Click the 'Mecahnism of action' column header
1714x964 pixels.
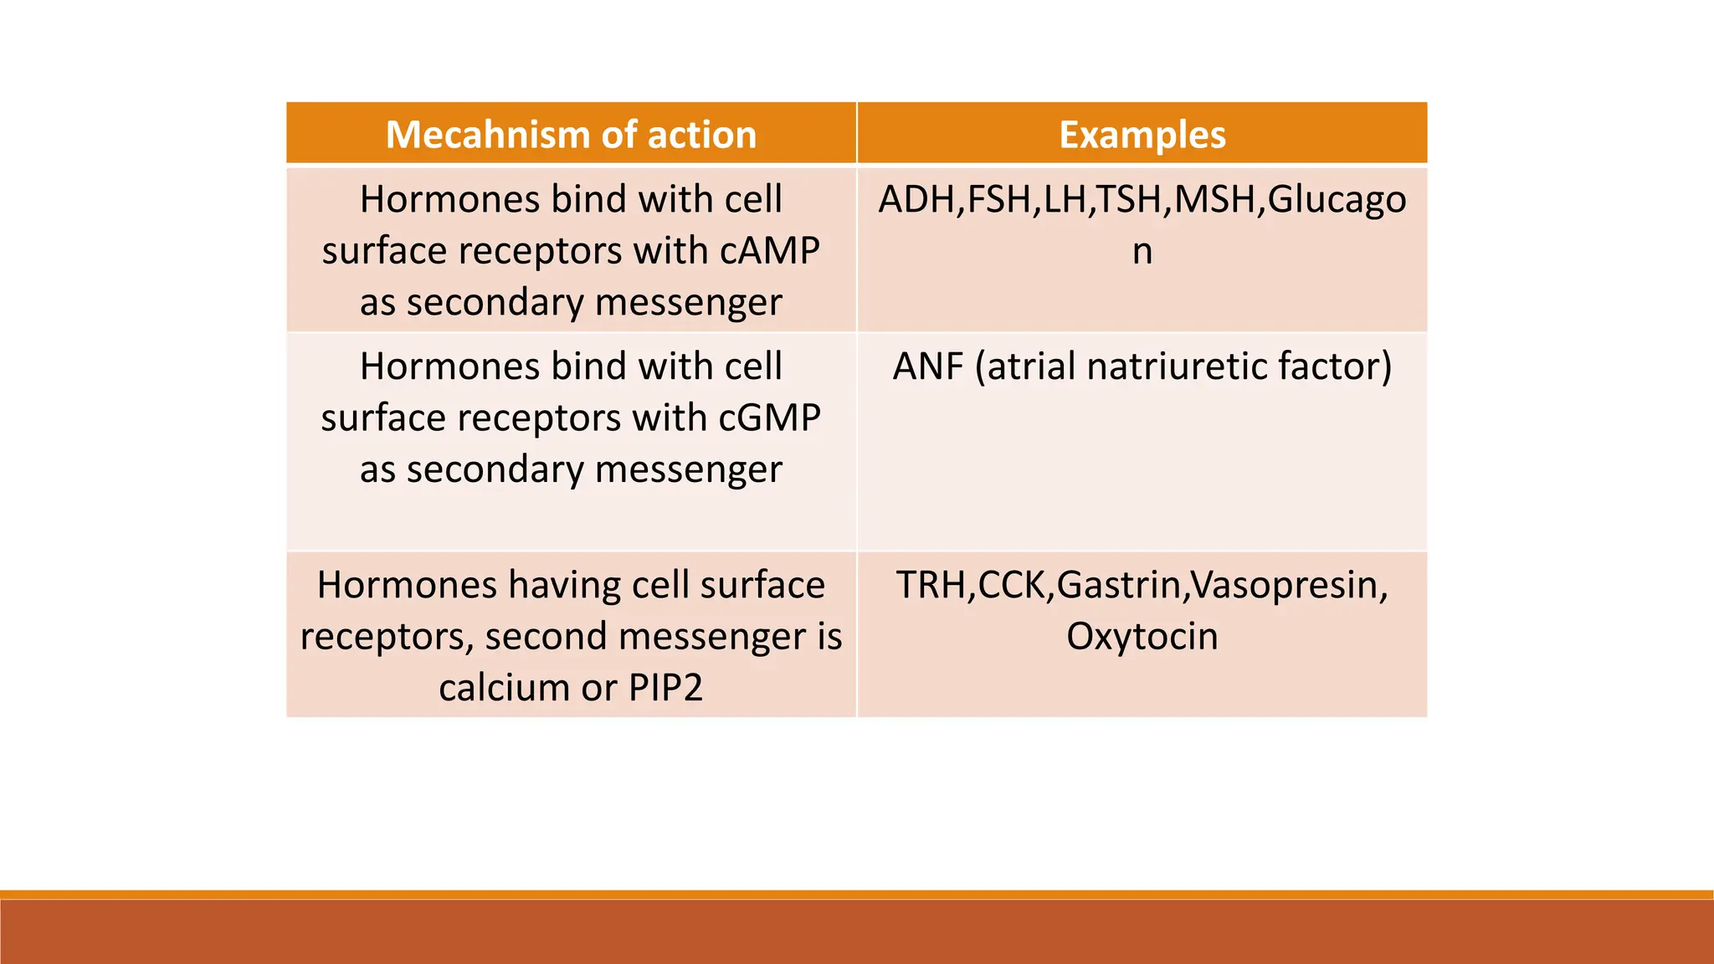tap(571, 134)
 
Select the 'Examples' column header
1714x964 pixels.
tap(1142, 134)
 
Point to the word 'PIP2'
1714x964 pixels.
tap(665, 688)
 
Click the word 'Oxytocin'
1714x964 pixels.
tap(1142, 636)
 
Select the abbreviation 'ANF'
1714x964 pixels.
tap(928, 367)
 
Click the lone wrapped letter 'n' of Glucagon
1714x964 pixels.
tap(1142, 251)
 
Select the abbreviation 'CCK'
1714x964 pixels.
tap(1012, 585)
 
